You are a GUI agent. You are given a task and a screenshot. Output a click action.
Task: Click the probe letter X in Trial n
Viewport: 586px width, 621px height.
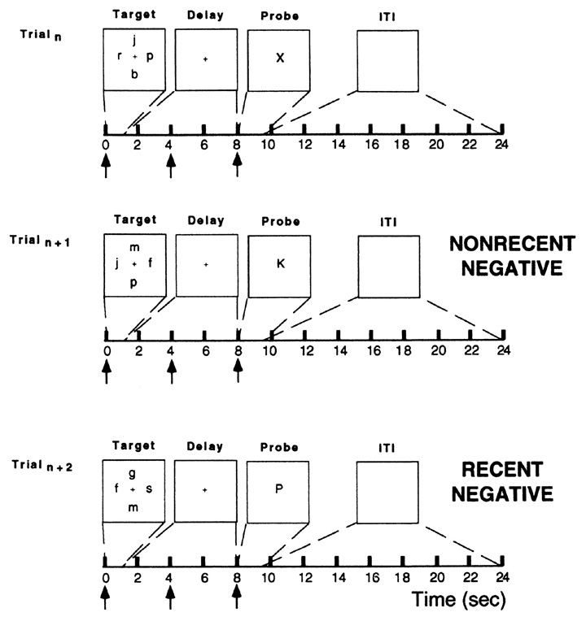(278, 59)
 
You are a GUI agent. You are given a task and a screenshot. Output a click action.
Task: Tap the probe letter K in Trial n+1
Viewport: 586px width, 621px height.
(278, 264)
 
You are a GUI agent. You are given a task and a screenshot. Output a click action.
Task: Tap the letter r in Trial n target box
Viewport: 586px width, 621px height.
(120, 58)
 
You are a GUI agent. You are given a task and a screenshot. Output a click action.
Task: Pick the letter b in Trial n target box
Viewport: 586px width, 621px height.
(135, 74)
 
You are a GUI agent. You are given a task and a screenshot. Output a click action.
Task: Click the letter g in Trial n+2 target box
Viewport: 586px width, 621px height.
(135, 473)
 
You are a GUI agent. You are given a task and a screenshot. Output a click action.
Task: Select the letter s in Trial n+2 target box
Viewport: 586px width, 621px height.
(149, 489)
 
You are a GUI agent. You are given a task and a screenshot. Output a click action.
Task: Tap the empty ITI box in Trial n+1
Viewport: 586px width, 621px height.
(388, 266)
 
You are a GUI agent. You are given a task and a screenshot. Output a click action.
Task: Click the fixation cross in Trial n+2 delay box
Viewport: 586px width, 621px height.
(206, 490)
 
